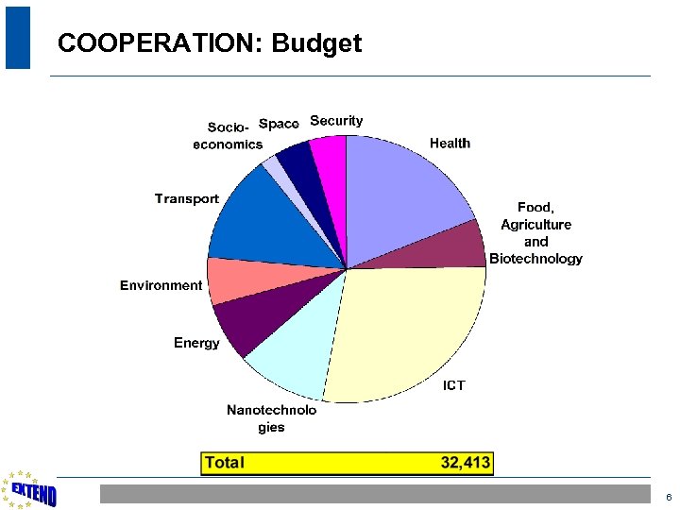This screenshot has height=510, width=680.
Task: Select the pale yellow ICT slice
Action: click(x=406, y=331)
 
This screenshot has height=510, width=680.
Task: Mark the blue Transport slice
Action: click(x=255, y=217)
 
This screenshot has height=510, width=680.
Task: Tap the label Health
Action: click(x=450, y=144)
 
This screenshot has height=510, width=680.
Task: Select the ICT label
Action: click(x=453, y=385)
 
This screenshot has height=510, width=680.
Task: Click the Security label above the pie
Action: click(x=336, y=121)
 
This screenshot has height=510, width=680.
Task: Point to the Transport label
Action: click(x=187, y=199)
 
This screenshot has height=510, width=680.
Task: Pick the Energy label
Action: click(x=196, y=343)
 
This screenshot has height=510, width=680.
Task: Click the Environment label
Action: click(x=161, y=285)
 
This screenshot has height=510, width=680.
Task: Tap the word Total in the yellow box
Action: click(x=225, y=463)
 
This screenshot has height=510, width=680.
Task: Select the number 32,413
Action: click(x=466, y=463)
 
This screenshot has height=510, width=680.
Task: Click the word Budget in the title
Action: click(x=316, y=43)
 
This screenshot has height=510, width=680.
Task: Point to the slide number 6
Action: click(x=668, y=497)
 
